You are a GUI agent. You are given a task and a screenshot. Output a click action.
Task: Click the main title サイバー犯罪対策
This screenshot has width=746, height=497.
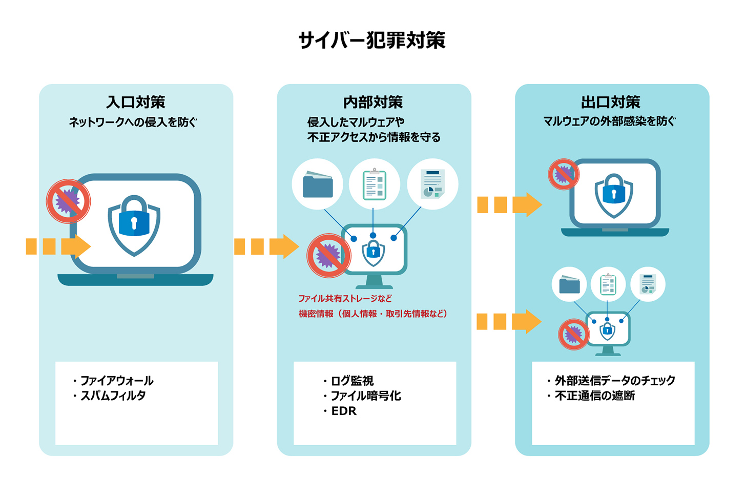coord(372,40)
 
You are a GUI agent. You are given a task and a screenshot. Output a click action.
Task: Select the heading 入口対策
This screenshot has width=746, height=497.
coord(136,102)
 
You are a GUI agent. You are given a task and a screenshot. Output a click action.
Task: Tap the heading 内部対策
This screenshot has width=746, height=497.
coord(373,102)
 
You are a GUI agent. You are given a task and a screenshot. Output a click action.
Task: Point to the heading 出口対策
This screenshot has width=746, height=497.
coord(611,102)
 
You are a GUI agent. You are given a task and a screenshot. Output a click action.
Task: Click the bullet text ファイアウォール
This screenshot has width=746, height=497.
coord(117,381)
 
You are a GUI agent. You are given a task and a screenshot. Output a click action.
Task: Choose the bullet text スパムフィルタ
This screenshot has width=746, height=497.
coord(113,396)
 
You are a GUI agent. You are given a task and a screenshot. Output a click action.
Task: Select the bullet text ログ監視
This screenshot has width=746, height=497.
coord(353,381)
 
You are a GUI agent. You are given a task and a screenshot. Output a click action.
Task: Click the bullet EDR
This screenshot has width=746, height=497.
coord(344,411)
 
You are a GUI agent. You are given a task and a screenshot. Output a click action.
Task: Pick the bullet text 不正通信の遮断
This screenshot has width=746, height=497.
coord(595,396)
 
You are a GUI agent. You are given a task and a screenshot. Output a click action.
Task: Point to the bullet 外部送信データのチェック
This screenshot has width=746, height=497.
coord(615,381)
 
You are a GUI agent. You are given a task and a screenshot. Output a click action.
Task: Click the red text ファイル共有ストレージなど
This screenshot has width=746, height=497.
coord(345,299)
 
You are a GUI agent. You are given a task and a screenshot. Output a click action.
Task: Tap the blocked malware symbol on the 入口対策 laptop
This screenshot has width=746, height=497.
coord(68,201)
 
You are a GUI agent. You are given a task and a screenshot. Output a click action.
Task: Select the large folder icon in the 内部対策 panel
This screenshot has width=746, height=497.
coord(318,184)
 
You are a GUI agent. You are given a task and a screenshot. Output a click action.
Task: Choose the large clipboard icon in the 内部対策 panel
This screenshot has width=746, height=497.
coord(374,184)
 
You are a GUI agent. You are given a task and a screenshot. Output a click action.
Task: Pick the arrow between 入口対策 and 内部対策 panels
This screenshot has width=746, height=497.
coord(266,246)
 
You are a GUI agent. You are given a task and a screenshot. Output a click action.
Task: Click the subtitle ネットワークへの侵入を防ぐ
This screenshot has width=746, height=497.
coord(133,122)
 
